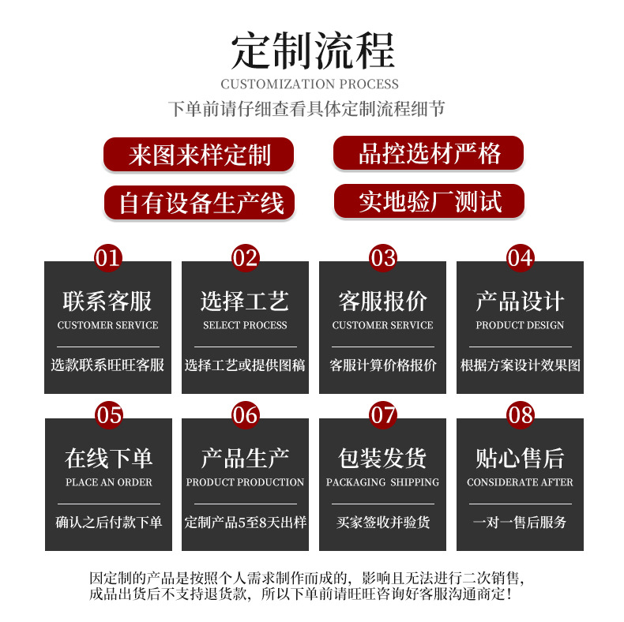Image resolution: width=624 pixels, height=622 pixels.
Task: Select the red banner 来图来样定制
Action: point(199,155)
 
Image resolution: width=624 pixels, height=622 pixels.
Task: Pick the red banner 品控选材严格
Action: point(428,153)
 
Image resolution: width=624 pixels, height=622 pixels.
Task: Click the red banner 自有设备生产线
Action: point(199,202)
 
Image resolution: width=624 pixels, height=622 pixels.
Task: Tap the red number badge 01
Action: point(108,258)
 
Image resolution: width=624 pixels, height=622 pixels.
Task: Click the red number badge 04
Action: point(520,258)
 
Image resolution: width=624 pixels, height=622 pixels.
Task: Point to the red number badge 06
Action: point(245,414)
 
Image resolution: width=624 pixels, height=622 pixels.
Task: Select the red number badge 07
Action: point(382,414)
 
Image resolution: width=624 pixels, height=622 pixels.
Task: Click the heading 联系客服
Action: point(107,301)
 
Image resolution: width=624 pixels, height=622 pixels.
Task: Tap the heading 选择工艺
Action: point(245,301)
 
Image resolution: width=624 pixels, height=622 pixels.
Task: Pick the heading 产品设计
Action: point(520,301)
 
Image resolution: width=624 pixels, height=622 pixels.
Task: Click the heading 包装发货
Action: point(382,458)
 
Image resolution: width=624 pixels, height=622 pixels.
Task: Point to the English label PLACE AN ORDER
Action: point(108,482)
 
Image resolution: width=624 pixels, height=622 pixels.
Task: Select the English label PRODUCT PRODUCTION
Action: point(245,482)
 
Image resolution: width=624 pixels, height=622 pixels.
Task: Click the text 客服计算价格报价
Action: point(382,365)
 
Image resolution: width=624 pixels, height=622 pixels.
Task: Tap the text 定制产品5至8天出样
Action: point(245,523)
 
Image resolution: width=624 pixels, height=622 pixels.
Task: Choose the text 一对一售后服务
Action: point(520,523)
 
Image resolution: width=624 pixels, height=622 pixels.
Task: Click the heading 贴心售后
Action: point(520,458)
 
